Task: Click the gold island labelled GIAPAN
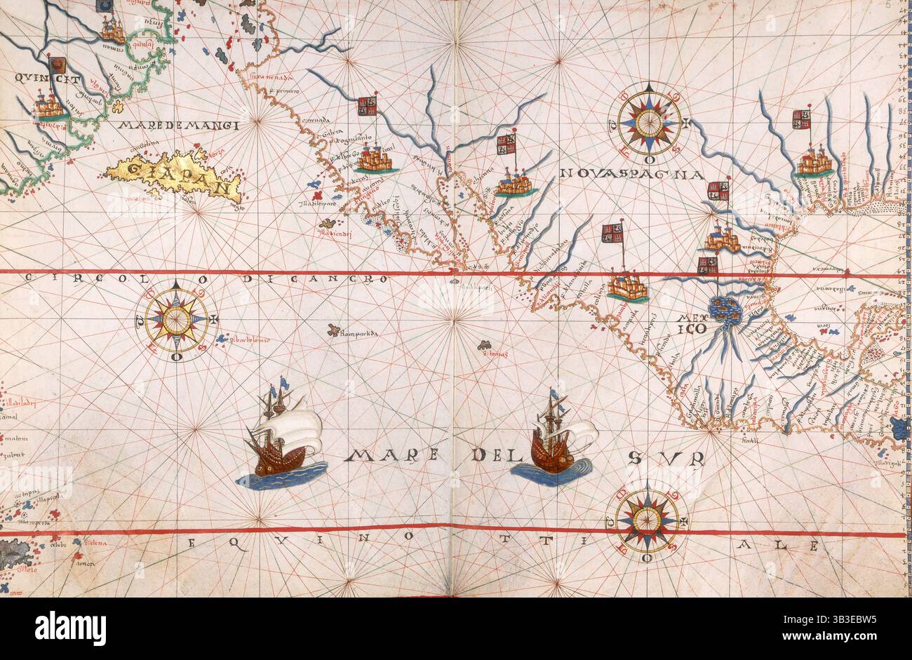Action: (x=175, y=175)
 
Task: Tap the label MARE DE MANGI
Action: (x=179, y=126)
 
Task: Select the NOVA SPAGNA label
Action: (x=631, y=173)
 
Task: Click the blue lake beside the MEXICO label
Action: (x=725, y=309)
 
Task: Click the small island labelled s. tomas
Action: (x=484, y=345)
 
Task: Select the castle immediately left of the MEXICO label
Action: (x=626, y=288)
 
